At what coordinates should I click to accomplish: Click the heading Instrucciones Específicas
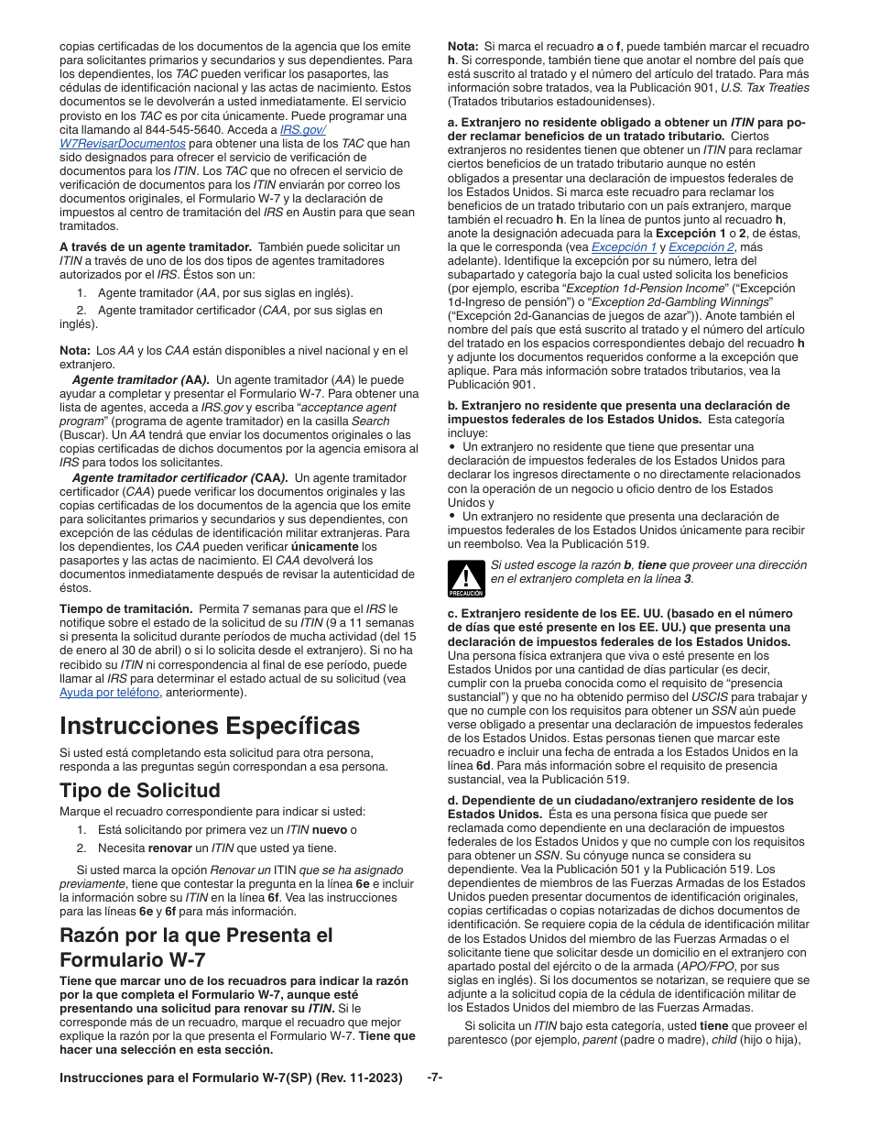(209, 726)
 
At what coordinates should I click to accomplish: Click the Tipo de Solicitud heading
(139, 791)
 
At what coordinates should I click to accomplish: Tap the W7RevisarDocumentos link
(122, 144)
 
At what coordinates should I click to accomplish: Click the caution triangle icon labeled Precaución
(465, 578)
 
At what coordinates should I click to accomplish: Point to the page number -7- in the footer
(435, 1078)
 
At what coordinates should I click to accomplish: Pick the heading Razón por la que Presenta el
(196, 936)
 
